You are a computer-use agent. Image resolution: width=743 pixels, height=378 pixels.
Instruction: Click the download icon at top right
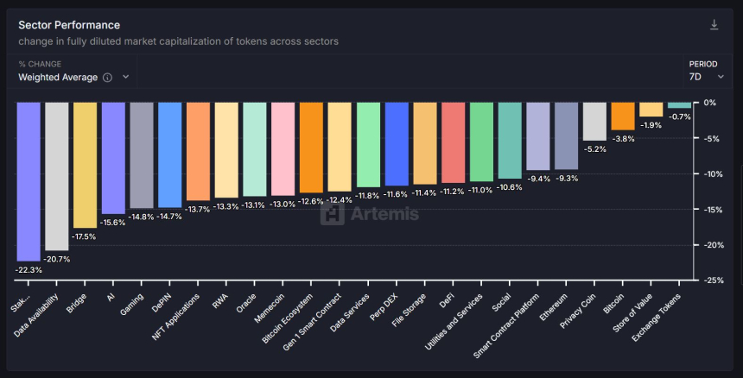pos(714,25)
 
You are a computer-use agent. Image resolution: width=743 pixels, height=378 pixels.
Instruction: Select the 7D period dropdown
pos(706,77)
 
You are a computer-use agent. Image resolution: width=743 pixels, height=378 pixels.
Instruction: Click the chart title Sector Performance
pos(69,25)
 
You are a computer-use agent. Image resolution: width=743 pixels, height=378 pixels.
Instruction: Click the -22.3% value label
pos(28,269)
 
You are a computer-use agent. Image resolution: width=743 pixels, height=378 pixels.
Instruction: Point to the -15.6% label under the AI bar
pos(113,222)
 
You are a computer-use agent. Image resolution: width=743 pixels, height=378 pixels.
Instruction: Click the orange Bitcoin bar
pos(623,116)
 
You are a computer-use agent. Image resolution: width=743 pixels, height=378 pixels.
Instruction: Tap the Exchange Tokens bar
pos(680,105)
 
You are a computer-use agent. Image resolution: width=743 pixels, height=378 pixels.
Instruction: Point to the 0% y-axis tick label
pos(710,103)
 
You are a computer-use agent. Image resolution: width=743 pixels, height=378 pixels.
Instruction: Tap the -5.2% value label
pos(594,148)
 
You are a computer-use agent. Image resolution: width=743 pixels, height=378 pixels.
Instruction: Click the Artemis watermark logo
pos(370,213)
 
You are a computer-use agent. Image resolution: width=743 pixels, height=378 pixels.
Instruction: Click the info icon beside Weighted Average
pos(107,77)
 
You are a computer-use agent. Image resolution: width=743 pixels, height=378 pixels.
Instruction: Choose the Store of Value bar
pos(651,110)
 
